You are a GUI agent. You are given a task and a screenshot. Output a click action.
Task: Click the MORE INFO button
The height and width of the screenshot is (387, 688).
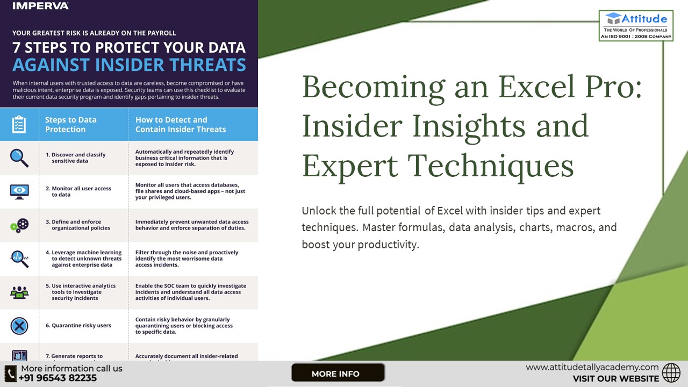pos(338,373)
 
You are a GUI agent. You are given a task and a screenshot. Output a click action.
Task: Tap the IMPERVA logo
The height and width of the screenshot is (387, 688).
pos(40,6)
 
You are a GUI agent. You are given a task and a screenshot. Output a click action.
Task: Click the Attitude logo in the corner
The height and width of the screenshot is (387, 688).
pos(636,25)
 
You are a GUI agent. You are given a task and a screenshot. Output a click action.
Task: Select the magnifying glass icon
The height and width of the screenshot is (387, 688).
pos(19,157)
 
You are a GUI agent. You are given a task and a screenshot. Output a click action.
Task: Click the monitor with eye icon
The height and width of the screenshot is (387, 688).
pos(19,191)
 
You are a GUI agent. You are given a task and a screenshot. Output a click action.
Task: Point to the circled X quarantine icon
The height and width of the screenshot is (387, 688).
pos(19,326)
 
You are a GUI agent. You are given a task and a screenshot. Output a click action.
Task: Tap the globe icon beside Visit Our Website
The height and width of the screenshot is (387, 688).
pos(671,372)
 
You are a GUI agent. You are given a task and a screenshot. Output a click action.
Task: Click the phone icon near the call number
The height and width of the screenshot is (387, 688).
pos(10,373)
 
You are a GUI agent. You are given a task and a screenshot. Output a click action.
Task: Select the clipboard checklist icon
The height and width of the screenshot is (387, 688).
pos(19,124)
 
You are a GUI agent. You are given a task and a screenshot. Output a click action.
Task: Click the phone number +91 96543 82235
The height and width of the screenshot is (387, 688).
pos(58,378)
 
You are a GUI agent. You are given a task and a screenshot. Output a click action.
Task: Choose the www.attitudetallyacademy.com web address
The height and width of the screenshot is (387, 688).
pos(592,367)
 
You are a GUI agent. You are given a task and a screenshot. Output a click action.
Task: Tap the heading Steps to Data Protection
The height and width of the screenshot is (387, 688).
pos(71,124)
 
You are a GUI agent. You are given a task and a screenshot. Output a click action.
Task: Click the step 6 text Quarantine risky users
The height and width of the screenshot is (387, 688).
pos(81,326)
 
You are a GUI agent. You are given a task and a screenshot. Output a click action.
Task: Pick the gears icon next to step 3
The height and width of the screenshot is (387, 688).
pos(19,225)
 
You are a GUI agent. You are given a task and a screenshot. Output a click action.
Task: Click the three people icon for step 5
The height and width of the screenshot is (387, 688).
pos(19,292)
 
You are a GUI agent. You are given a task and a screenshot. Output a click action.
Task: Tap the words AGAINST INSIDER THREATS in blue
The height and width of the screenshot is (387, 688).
pos(129,65)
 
